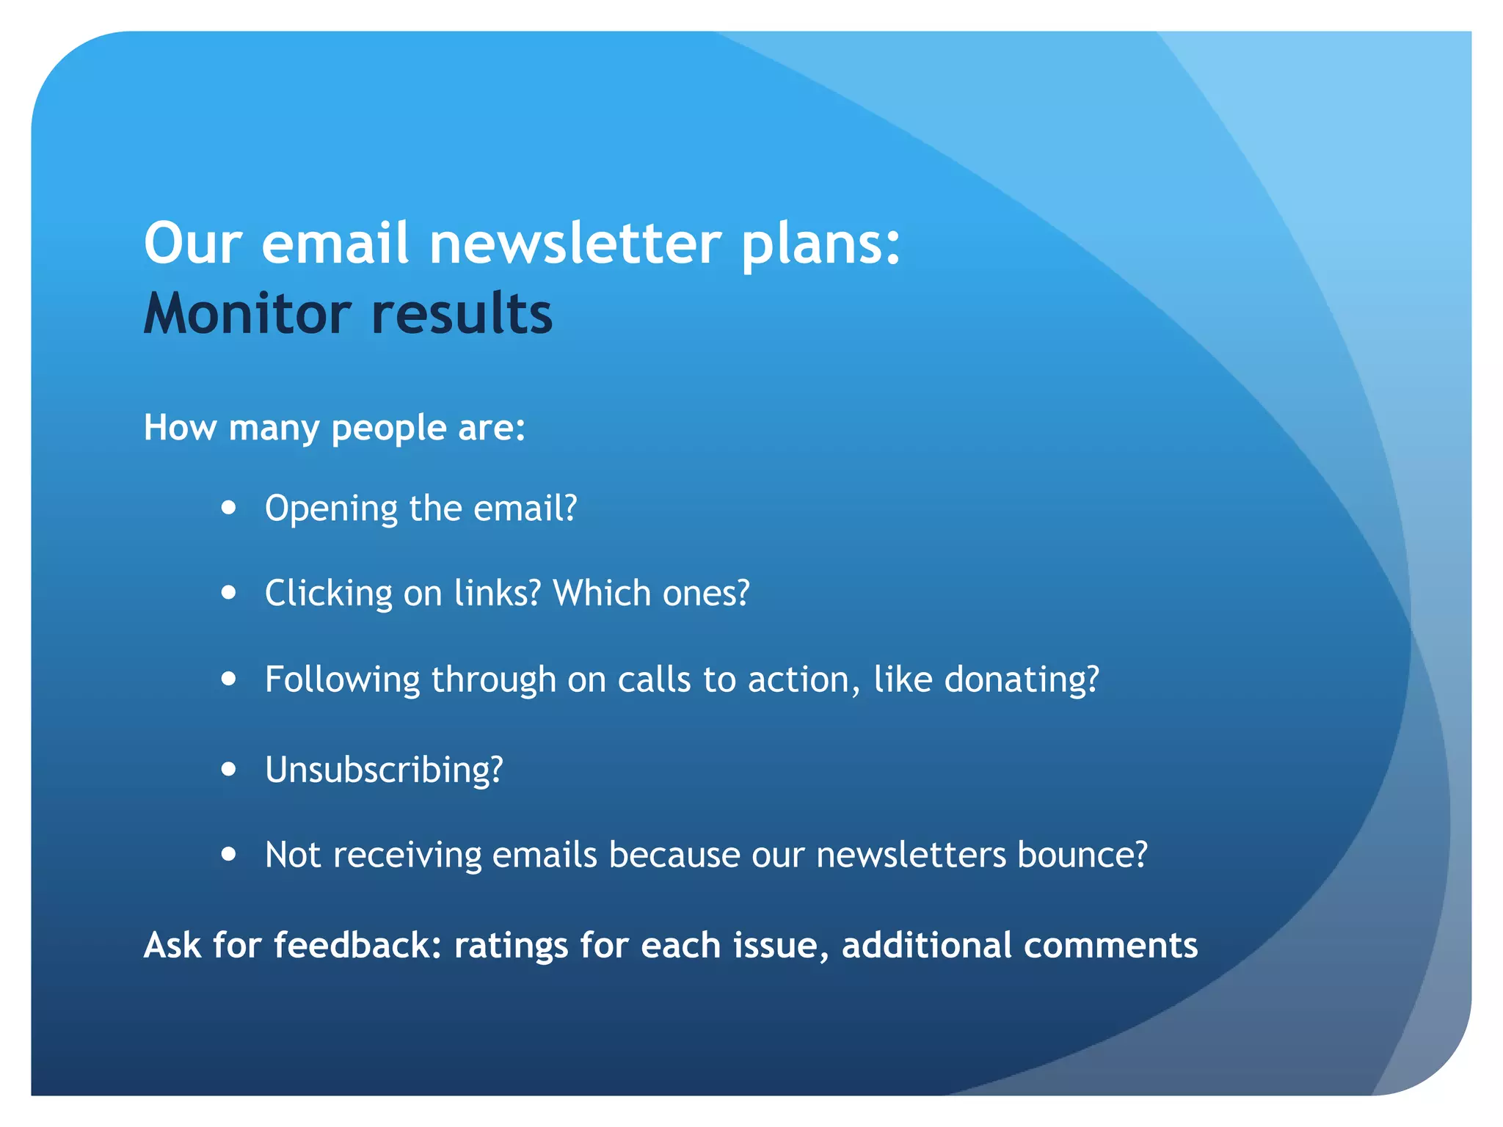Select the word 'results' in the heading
[462, 313]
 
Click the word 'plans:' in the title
[820, 245]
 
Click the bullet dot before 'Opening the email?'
[229, 508]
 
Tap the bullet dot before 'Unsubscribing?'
[229, 769]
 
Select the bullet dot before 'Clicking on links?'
[229, 592]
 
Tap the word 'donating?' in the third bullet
[1022, 679]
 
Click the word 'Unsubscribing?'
[384, 770]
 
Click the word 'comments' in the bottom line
[1110, 946]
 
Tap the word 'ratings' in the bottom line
[511, 946]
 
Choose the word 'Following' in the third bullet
[343, 679]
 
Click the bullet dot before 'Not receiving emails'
[229, 854]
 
